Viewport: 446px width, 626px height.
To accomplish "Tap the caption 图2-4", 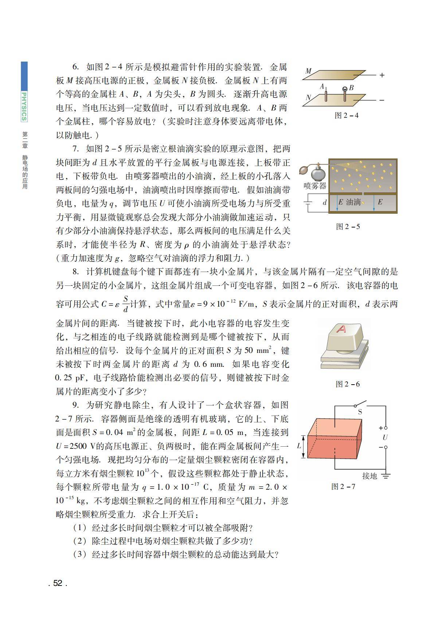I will (x=346, y=116).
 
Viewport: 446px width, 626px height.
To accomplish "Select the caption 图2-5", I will (x=348, y=227).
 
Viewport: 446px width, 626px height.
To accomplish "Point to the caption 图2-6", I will (x=347, y=384).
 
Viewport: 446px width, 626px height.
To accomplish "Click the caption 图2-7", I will (x=343, y=487).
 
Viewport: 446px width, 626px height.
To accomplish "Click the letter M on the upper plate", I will (x=308, y=71).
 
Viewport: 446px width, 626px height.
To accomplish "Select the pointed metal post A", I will (x=326, y=96).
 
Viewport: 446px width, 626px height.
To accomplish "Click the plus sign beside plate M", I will (x=382, y=75).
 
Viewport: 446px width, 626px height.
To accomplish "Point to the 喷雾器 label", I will (x=315, y=186).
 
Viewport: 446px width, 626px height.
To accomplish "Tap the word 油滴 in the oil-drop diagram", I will (x=353, y=202).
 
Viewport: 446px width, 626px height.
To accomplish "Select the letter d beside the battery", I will (x=325, y=202).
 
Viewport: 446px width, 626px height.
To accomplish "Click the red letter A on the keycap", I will (x=341, y=329).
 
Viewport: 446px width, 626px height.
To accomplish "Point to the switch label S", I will (x=360, y=412).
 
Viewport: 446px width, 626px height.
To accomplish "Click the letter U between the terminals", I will (x=385, y=437).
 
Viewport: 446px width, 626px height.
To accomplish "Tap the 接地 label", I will (x=369, y=476).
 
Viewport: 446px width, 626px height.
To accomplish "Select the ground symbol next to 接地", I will (x=386, y=475).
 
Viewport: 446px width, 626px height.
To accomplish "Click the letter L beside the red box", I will (x=299, y=446).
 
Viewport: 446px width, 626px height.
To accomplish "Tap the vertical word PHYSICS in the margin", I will (x=24, y=106).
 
